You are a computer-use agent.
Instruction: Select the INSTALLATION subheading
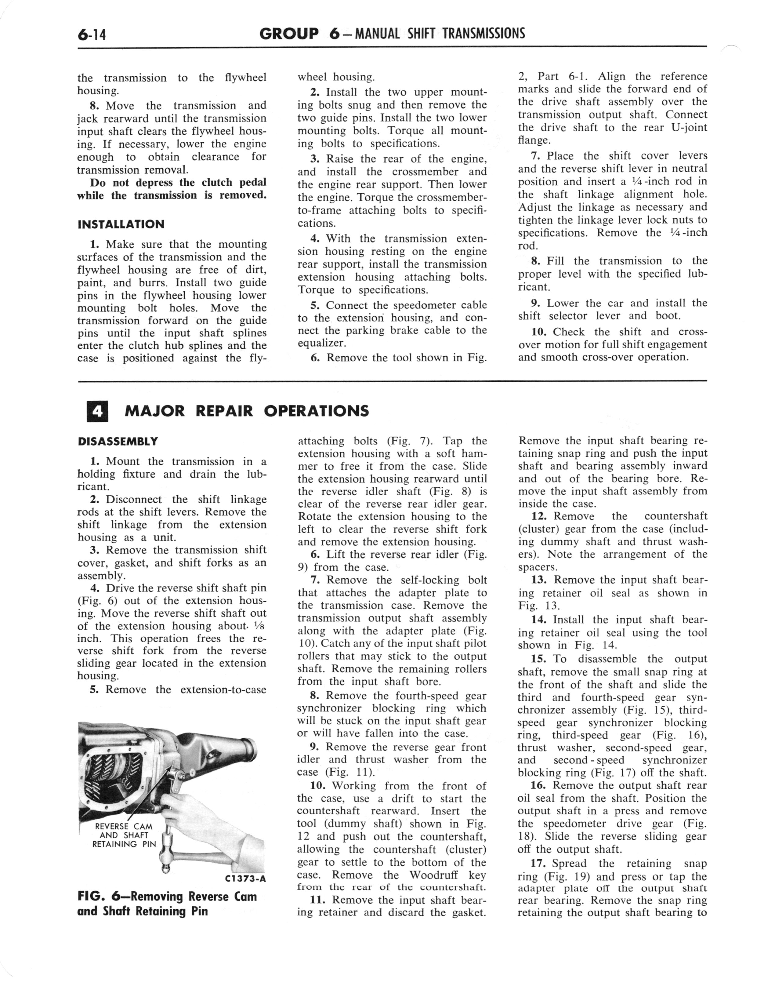click(121, 224)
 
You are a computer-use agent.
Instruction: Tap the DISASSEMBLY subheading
click(118, 441)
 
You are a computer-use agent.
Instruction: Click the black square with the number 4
click(97, 411)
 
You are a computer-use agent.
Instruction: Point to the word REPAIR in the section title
click(224, 411)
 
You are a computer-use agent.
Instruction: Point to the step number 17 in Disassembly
click(539, 864)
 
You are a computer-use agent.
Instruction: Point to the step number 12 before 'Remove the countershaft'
click(539, 516)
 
